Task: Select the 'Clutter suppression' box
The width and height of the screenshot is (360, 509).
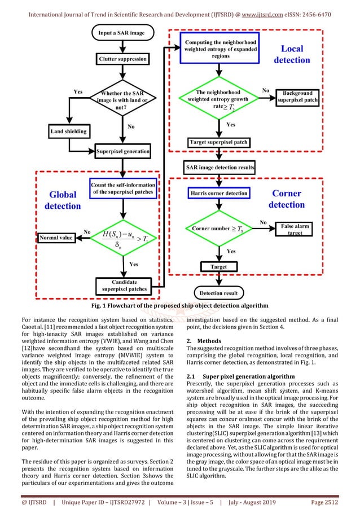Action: tap(123, 59)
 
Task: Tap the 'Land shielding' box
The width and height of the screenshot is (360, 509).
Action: tap(68, 131)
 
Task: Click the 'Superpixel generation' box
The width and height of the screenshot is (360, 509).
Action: tap(123, 151)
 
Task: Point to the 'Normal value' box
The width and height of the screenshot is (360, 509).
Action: tap(56, 238)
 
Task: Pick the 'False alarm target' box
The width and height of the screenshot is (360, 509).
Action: tap(296, 229)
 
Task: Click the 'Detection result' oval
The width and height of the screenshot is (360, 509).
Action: tap(219, 293)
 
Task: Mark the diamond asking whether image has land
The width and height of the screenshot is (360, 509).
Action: tap(123, 98)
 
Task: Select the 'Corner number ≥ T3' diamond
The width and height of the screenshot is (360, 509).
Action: tap(219, 230)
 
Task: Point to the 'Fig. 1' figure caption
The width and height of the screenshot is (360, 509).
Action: tap(179, 306)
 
